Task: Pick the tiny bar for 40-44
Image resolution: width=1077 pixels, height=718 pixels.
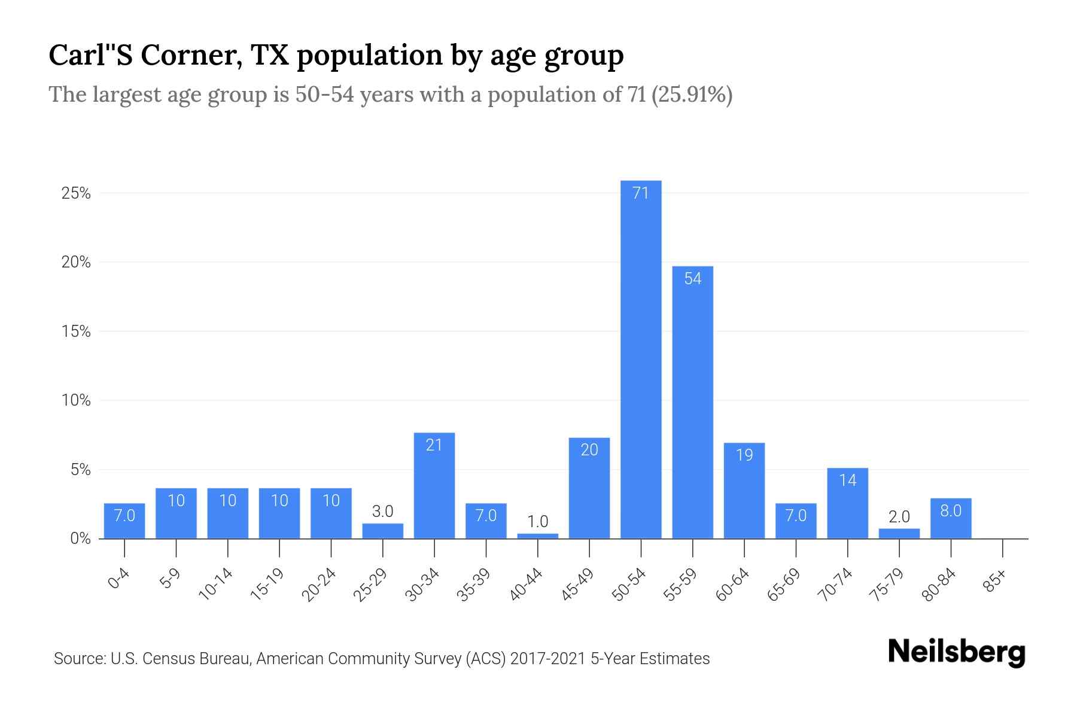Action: pos(537,536)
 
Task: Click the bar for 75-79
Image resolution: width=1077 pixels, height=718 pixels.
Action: pos(899,533)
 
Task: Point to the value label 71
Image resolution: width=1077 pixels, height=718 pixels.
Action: pos(641,193)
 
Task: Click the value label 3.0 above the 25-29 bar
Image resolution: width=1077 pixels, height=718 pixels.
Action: pos(382,512)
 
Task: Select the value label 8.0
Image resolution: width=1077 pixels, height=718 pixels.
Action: pos(951,510)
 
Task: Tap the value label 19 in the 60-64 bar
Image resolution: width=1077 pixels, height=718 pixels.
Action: pos(744,455)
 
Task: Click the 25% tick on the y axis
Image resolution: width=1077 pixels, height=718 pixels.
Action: pos(76,193)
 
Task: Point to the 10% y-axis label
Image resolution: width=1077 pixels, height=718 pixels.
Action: pos(76,400)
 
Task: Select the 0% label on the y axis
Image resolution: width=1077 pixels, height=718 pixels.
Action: pos(80,538)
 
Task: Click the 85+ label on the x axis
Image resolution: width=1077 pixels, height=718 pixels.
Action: pos(996,581)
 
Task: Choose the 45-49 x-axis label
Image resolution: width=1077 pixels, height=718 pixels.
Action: pos(577,585)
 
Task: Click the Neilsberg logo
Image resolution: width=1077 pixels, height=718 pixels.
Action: pos(956,652)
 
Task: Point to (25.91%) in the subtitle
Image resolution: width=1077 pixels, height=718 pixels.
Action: pos(692,95)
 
